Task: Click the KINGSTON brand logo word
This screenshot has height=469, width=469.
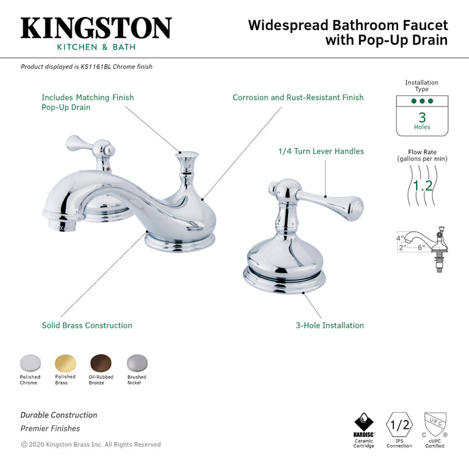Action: click(x=96, y=28)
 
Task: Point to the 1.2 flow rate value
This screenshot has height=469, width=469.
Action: click(x=422, y=185)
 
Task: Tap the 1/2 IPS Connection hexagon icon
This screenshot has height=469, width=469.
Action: click(x=400, y=424)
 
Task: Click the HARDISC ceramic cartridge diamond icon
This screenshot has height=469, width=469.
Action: click(x=364, y=423)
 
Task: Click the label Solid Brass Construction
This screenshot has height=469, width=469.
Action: click(x=87, y=326)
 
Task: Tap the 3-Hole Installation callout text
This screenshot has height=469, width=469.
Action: click(x=330, y=326)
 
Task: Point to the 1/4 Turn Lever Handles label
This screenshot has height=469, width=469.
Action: click(x=321, y=151)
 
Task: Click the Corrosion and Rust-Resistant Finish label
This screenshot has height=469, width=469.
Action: click(x=298, y=98)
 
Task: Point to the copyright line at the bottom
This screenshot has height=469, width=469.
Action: click(x=90, y=444)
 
